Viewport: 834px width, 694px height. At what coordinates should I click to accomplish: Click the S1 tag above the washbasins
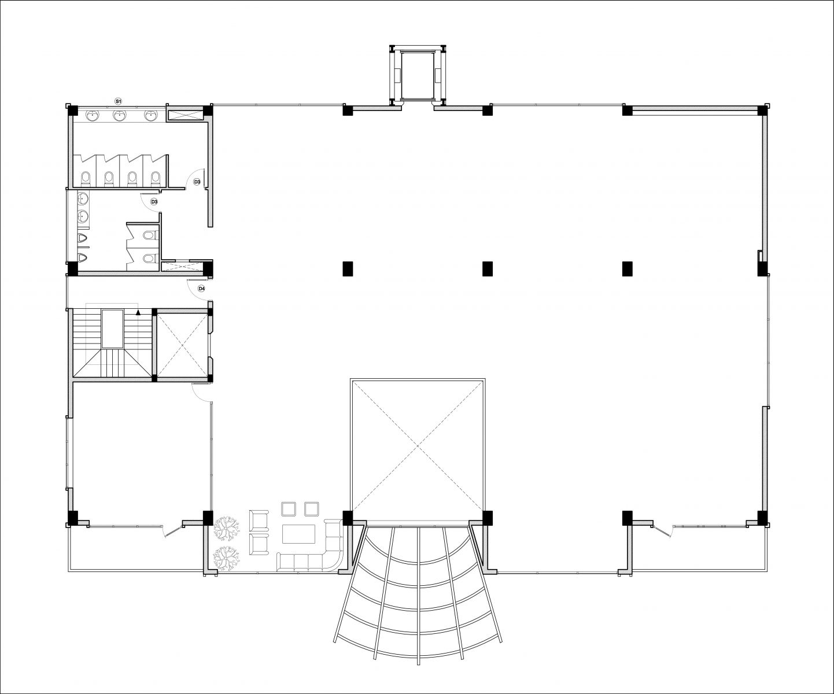coord(118,101)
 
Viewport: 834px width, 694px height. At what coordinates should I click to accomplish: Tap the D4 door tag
coord(202,289)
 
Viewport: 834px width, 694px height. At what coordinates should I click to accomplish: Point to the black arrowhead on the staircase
coord(138,313)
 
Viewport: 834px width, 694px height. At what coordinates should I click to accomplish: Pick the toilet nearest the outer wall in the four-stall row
coord(86,179)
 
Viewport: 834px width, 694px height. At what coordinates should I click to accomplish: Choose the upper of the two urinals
coord(83,238)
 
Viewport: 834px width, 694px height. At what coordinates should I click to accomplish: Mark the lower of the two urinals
coord(83,257)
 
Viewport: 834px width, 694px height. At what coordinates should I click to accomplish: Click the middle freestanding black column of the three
coord(488,269)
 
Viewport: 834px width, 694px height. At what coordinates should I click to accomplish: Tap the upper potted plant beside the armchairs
coord(227,527)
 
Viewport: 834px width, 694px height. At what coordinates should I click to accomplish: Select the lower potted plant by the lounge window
coord(227,557)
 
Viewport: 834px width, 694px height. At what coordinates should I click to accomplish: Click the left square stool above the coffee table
coord(289,509)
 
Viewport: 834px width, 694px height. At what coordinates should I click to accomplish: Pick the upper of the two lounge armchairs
coord(259,520)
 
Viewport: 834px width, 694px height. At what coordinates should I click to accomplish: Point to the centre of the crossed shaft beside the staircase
coord(182,345)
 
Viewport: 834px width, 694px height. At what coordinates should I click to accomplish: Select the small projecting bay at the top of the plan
coord(418,76)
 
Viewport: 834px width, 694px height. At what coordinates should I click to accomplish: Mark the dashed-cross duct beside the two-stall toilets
coord(176,265)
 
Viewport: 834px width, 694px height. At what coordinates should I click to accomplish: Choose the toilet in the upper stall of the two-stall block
coord(149,235)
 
